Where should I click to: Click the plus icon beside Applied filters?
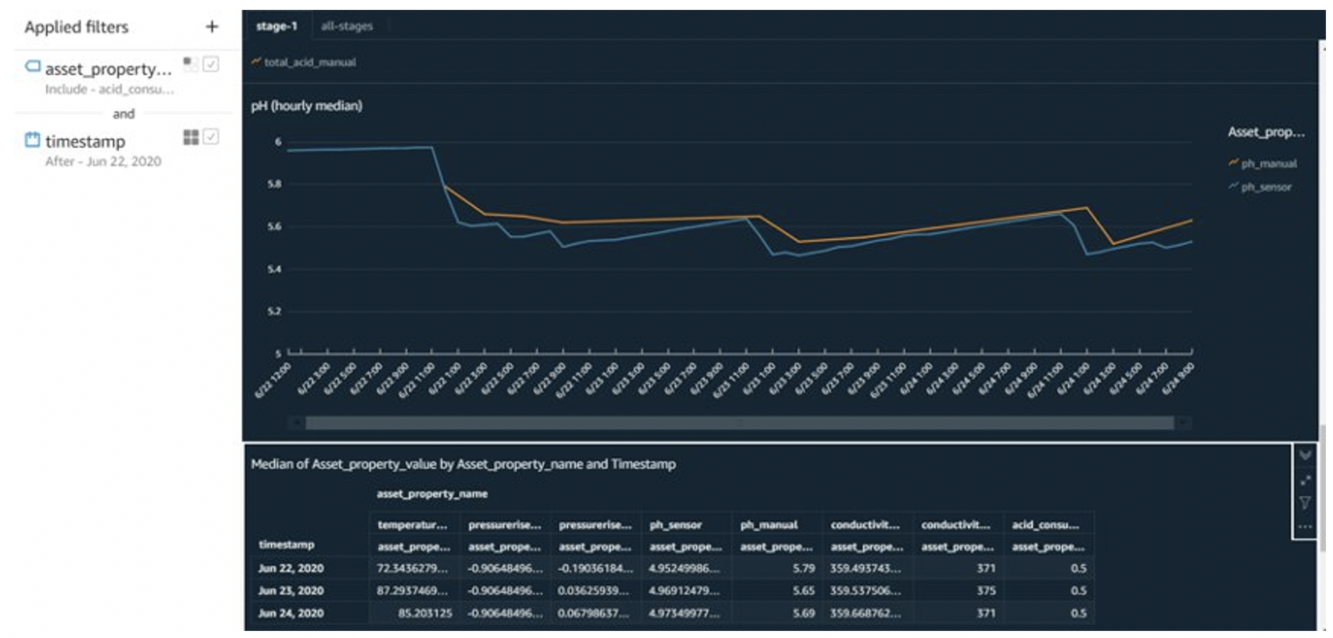coord(211,27)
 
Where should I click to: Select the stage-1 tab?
coord(277,26)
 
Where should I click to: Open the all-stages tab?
coord(347,26)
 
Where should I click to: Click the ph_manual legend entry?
coord(1268,164)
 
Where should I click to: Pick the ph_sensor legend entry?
coord(1266,187)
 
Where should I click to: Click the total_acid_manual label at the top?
coord(309,62)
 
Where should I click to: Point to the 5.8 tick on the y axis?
coord(274,184)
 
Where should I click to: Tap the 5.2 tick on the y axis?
coord(274,311)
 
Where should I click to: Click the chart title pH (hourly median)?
coord(306,106)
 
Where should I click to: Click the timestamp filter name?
coord(85,141)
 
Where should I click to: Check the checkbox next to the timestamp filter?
coord(211,136)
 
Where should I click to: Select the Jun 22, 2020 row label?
coord(291,568)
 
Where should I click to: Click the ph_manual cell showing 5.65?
coord(803,591)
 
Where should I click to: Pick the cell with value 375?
coord(986,591)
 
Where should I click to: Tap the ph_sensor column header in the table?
coord(675,525)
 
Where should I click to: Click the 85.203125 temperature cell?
coord(425,613)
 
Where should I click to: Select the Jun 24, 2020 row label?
coord(291,613)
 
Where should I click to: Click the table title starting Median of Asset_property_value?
coord(463,464)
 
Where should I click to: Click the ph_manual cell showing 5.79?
coord(803,568)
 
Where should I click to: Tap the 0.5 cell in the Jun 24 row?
coord(1078,613)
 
